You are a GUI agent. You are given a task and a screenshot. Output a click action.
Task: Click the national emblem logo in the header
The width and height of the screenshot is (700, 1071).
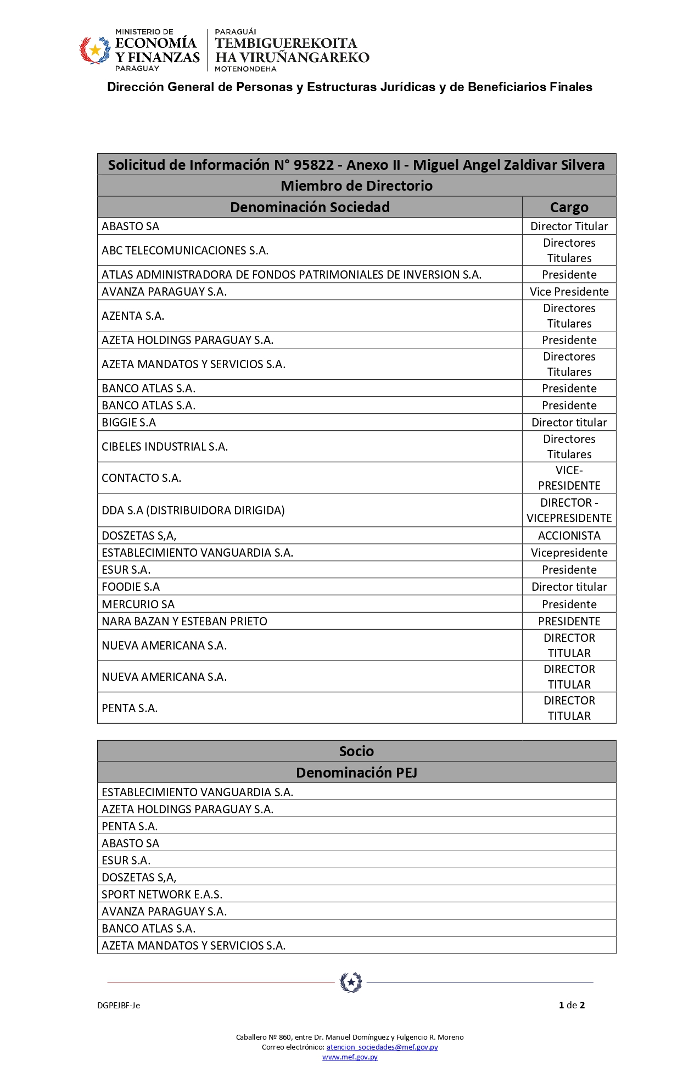point(95,51)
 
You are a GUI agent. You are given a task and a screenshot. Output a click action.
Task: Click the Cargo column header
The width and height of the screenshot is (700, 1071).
point(569,207)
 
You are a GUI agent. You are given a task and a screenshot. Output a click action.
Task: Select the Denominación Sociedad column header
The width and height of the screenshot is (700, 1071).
point(310,207)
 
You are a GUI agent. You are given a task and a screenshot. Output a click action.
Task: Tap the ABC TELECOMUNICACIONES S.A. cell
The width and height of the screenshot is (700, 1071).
point(185,251)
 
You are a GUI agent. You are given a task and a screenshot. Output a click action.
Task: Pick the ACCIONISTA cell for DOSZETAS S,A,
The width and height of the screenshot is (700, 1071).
point(569,536)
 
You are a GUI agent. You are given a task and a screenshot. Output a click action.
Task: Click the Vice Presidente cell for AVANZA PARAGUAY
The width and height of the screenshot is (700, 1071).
point(569,292)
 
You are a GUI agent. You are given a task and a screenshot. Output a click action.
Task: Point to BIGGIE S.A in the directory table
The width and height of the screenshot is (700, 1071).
point(129,423)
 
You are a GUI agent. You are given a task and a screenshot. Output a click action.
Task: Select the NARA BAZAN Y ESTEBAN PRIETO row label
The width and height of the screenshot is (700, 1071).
point(184,621)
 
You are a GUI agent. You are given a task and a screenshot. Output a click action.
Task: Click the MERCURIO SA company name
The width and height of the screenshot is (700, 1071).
point(138,604)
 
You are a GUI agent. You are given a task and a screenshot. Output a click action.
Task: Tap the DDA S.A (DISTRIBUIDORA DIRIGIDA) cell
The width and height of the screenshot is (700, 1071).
point(193,510)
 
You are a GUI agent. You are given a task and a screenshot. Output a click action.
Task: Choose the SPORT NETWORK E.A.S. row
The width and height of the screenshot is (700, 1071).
point(162,895)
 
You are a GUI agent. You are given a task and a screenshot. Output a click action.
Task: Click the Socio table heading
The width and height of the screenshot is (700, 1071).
point(356,751)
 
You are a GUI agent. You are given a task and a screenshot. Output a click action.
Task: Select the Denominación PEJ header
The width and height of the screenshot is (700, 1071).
point(356,773)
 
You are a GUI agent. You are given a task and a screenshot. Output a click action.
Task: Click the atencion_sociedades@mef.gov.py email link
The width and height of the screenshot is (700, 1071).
point(382,1047)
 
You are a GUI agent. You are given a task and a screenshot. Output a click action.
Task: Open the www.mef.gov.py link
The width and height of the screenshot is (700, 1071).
point(350,1057)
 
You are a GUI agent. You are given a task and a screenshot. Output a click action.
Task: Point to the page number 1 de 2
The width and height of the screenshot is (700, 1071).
point(572,1005)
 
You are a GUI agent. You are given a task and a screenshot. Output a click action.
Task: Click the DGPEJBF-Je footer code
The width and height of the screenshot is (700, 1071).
point(119,1006)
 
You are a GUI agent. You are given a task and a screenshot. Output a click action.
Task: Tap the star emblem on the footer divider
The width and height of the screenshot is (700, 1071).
point(351,982)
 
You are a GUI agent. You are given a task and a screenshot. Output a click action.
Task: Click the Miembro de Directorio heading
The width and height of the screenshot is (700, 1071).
point(356,186)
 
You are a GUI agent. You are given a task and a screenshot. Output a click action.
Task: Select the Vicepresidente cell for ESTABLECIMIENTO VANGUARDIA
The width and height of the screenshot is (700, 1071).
point(569,553)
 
